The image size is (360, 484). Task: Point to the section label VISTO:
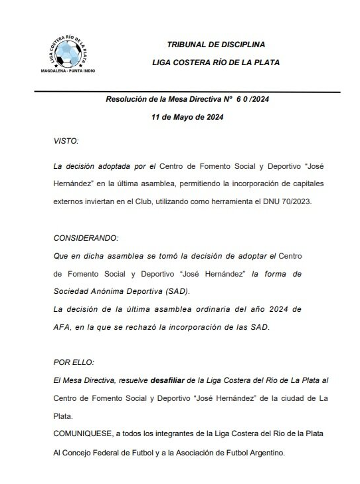[x=65, y=141]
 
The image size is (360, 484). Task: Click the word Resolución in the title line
[x=129, y=99]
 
